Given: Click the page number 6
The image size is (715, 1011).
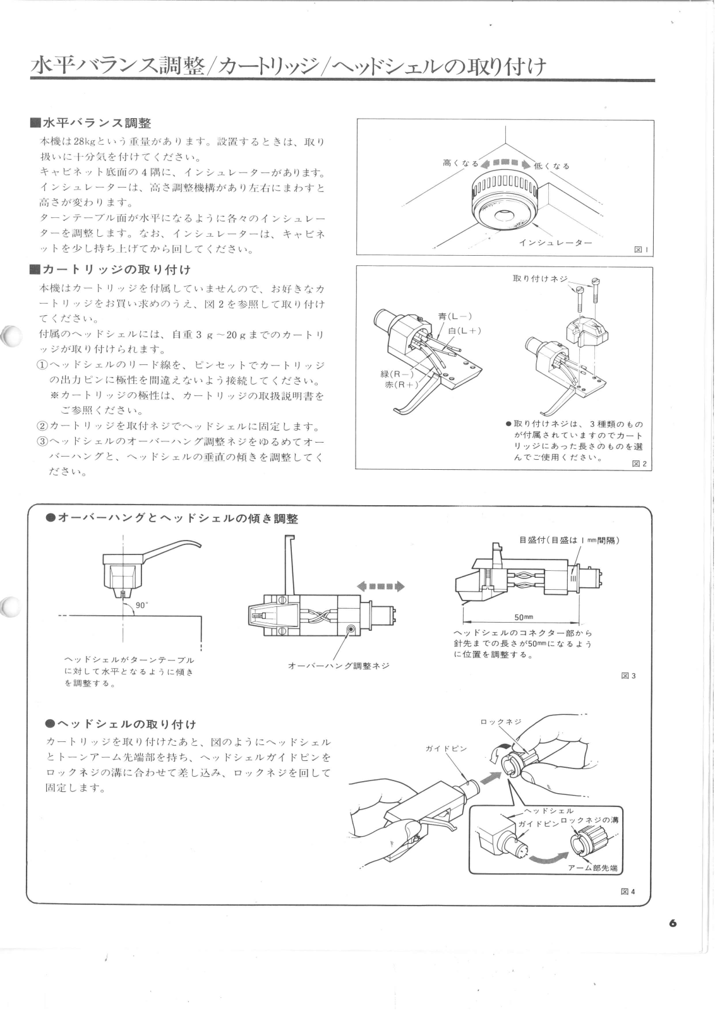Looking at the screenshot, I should click(673, 923).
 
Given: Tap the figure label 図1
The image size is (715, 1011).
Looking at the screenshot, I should click(641, 250).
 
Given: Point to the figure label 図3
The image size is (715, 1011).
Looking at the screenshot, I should click(628, 676).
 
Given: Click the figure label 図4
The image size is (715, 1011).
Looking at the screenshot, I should click(628, 892).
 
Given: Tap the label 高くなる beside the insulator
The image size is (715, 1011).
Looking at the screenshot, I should click(460, 163).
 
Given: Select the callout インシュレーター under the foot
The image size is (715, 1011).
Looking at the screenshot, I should click(555, 242).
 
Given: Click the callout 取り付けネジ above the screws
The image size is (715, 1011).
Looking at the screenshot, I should click(540, 278).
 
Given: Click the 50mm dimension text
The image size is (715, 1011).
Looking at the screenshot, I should click(524, 617).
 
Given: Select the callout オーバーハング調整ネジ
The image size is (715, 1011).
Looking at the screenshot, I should click(339, 666).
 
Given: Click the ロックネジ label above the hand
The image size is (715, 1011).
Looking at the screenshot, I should click(500, 721).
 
